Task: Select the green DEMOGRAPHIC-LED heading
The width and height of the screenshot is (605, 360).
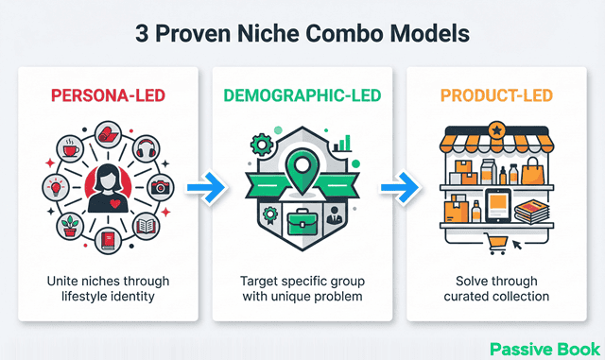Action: [302, 95]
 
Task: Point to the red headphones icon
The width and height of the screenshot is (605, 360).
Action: [145, 149]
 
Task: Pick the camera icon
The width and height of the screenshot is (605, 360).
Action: [159, 187]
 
